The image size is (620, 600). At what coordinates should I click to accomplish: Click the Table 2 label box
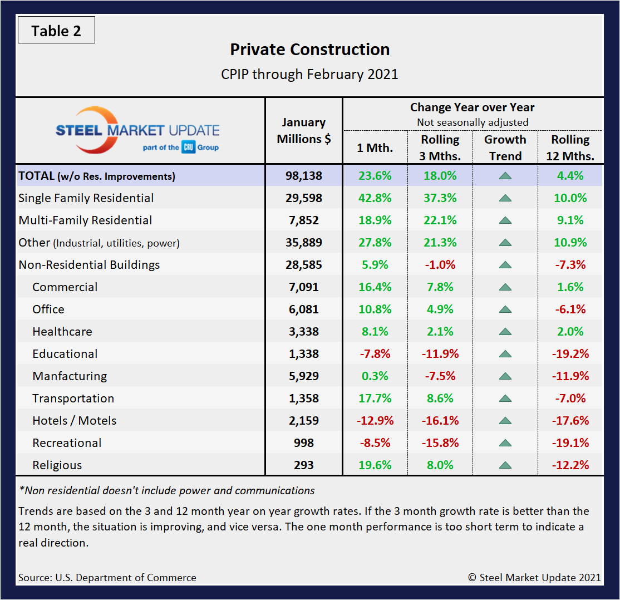click(56, 31)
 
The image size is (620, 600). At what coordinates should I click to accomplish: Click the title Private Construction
click(309, 50)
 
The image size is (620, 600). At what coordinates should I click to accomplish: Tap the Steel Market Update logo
click(137, 131)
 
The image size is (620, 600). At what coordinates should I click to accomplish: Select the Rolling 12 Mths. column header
click(570, 147)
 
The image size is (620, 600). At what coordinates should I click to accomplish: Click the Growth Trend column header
click(505, 147)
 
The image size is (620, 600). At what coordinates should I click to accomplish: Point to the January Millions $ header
click(304, 131)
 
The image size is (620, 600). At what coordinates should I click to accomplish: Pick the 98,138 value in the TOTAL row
click(304, 176)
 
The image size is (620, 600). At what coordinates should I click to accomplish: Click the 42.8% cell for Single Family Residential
click(375, 198)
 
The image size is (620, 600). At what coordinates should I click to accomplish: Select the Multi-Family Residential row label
click(85, 220)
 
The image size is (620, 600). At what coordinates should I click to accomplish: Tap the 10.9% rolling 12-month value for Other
click(570, 243)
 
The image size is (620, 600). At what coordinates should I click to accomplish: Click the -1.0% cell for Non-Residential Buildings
click(440, 265)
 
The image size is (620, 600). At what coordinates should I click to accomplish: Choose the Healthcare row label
click(62, 332)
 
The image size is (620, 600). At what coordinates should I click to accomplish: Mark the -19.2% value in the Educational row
click(570, 354)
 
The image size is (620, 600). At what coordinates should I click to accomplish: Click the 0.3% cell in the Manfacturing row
click(375, 376)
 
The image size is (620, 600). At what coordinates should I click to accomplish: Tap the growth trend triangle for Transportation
click(505, 399)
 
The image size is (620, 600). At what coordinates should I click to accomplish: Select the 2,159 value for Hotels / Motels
click(304, 421)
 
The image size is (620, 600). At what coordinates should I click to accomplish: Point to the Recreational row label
click(67, 443)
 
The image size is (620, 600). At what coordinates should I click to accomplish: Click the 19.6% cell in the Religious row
click(375, 465)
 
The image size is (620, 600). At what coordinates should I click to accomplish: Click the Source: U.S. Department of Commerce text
click(107, 578)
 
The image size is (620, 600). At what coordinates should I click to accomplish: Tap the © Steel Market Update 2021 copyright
click(534, 578)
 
